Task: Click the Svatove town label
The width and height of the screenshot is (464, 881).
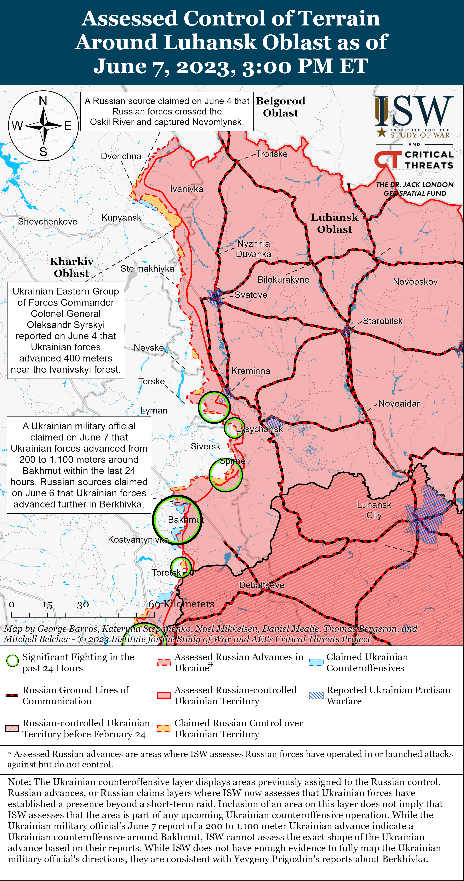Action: point(251,295)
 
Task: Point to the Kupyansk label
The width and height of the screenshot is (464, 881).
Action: point(121,217)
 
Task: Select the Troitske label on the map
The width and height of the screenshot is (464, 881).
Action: point(272,154)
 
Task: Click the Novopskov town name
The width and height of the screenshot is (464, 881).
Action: point(415,282)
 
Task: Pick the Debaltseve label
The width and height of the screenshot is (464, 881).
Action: point(262,585)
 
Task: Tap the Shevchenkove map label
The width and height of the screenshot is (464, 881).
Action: point(47,222)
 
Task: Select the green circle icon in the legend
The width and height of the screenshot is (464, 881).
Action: point(13,661)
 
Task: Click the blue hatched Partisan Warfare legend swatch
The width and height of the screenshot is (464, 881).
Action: point(316,695)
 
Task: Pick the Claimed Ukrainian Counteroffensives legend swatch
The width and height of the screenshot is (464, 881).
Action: point(316,662)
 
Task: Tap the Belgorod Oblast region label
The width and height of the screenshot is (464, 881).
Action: point(280,107)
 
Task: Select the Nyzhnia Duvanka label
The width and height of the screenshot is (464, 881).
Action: point(253,249)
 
